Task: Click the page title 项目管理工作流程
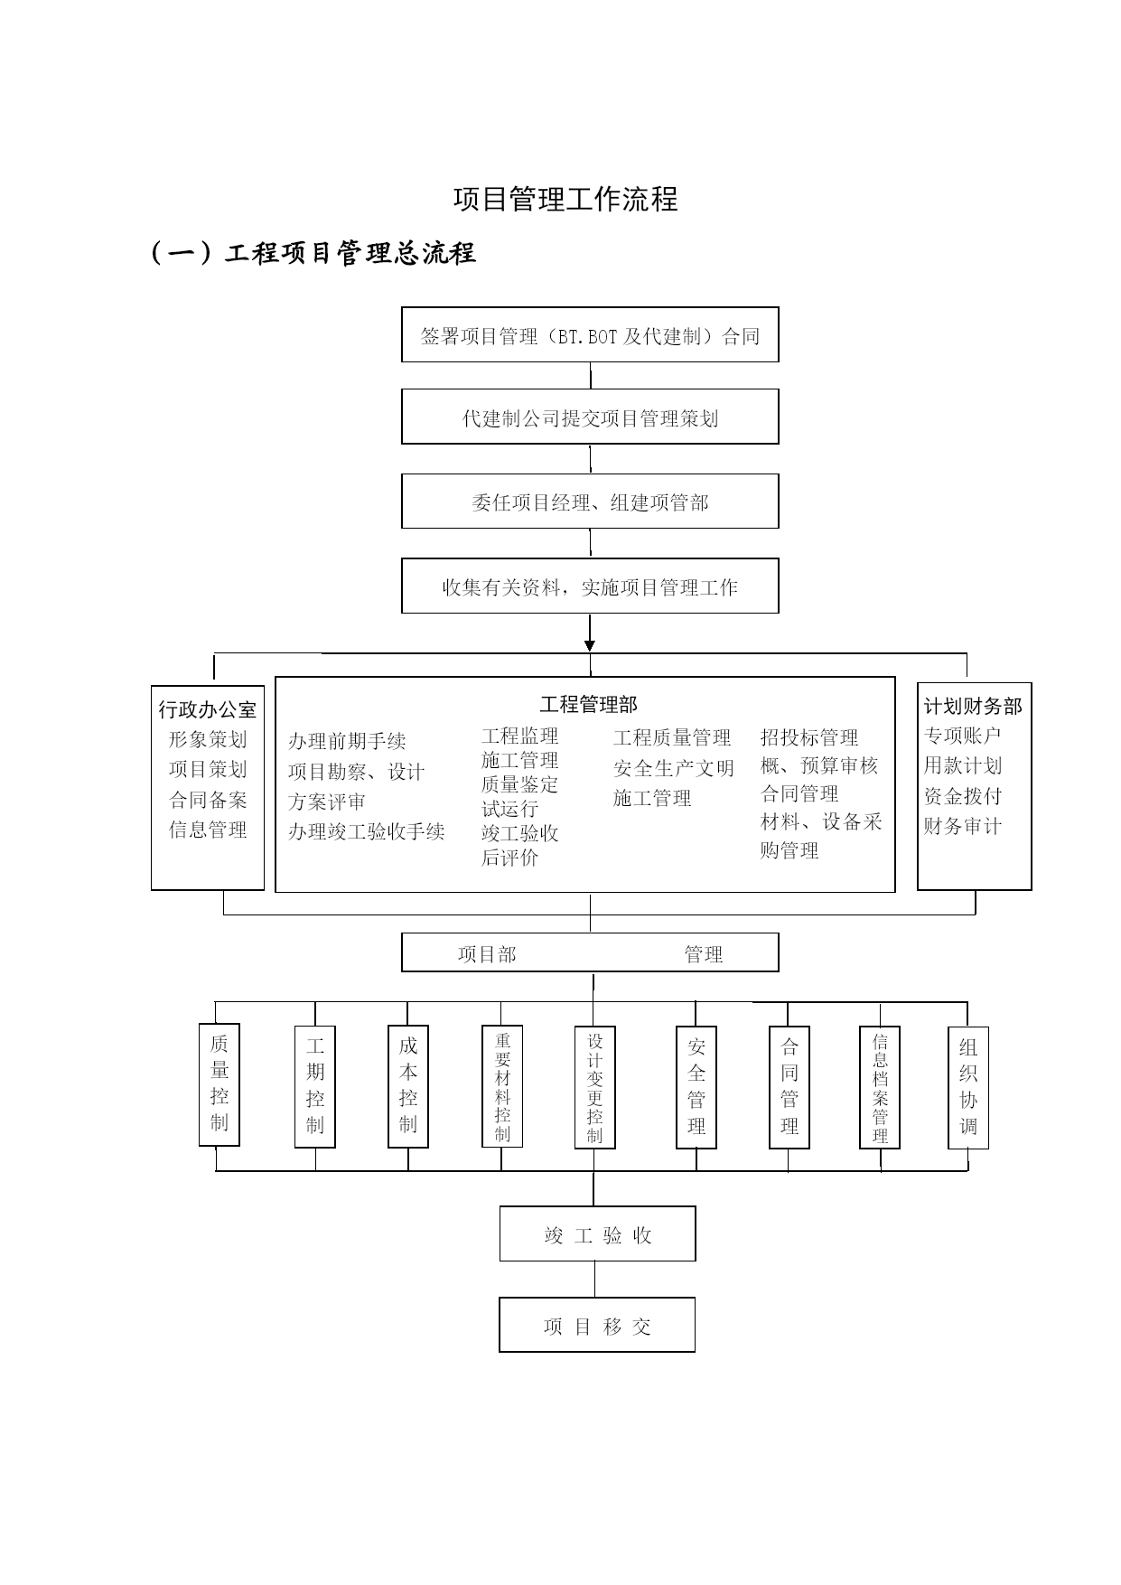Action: click(x=565, y=200)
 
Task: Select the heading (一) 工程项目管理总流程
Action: click(x=313, y=253)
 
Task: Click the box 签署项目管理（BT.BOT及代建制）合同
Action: click(x=590, y=334)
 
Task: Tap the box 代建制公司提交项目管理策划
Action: click(x=590, y=417)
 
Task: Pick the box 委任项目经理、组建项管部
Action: click(x=590, y=501)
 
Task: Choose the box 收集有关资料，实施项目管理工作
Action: click(x=590, y=586)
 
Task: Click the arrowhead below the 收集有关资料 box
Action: click(x=590, y=645)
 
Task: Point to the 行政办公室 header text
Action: click(x=208, y=709)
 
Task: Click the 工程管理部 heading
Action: click(x=588, y=705)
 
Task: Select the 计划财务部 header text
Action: click(x=973, y=706)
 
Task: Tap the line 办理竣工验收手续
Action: click(x=367, y=831)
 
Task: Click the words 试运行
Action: click(x=509, y=809)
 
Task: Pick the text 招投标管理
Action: click(x=809, y=737)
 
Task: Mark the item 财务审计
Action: click(x=963, y=826)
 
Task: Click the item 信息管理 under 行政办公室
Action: click(x=208, y=830)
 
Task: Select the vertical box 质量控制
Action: click(x=220, y=1084)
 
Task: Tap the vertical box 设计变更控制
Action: click(x=595, y=1087)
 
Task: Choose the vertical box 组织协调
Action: click(x=968, y=1087)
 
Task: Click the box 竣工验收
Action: click(x=598, y=1233)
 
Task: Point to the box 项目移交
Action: click(x=597, y=1325)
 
